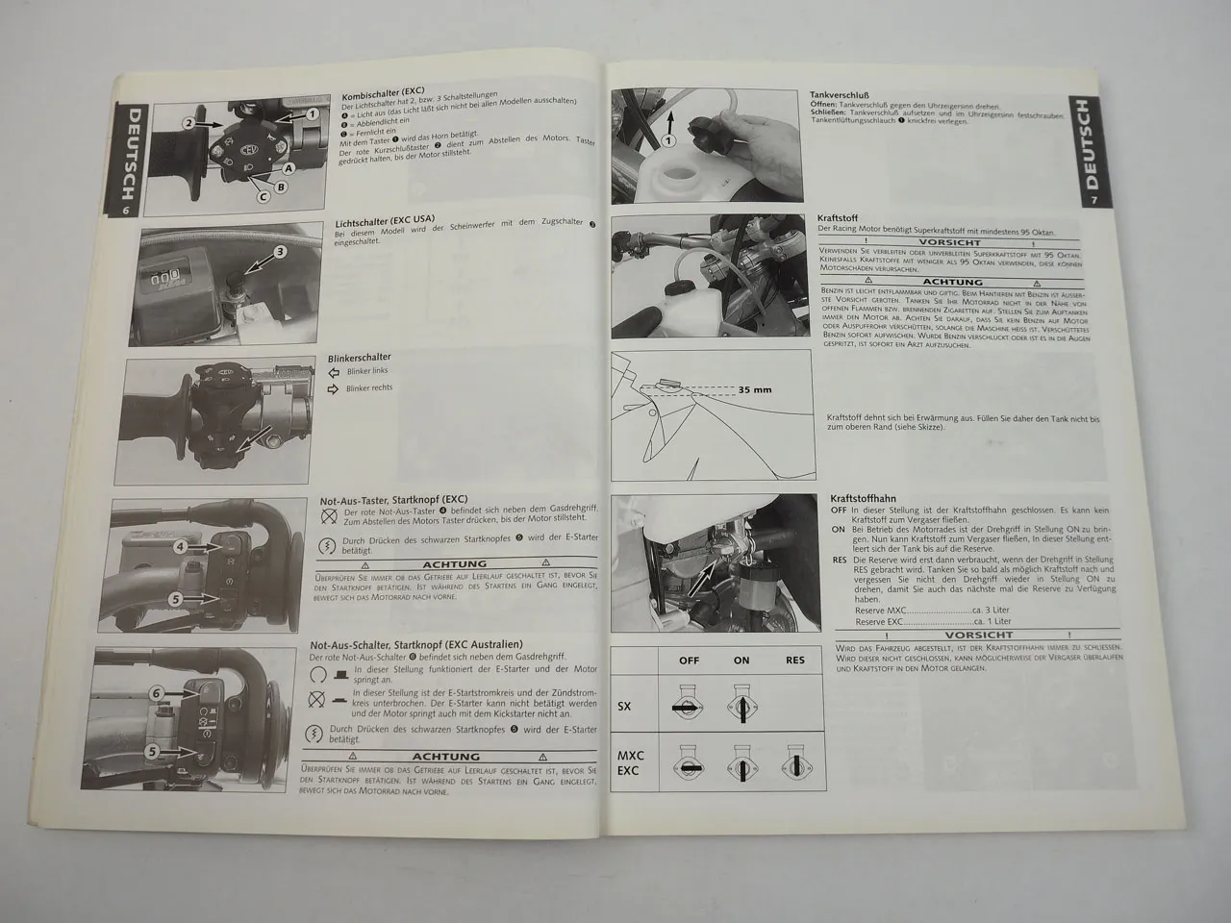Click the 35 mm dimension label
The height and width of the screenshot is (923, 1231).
(757, 390)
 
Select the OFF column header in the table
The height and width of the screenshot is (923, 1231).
(689, 661)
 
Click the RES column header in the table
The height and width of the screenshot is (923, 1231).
(794, 661)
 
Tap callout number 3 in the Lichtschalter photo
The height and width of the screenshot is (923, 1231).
(280, 252)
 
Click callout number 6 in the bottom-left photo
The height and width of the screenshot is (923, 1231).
(155, 692)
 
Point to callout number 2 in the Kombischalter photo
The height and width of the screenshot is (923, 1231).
(190, 124)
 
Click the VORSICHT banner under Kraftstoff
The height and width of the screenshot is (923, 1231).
(949, 243)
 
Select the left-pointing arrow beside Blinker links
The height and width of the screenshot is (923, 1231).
(335, 371)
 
